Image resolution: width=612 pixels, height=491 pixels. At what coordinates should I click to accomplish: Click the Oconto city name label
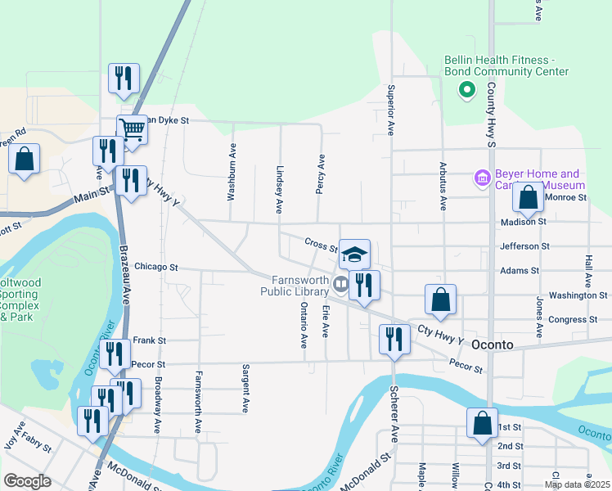pos(492,345)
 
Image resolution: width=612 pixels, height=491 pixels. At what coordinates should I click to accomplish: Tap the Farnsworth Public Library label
pos(294,285)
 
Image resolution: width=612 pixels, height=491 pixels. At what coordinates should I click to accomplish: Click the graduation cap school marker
pos(354,254)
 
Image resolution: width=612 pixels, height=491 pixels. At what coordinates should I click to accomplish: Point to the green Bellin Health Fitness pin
pos(466,90)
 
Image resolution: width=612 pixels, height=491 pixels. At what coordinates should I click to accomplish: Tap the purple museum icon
pos(482,178)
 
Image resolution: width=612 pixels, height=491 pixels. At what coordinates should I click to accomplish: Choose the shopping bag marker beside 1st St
pos(482,423)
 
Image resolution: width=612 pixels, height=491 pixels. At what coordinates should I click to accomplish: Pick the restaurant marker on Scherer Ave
pos(394,339)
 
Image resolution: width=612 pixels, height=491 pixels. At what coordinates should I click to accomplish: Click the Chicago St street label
pos(156,267)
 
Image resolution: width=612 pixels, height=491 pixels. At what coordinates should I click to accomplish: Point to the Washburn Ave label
pos(232,173)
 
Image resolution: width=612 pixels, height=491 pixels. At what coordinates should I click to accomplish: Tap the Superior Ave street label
pos(391,110)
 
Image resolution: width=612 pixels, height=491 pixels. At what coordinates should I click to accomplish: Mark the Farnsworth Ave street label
pos(198,402)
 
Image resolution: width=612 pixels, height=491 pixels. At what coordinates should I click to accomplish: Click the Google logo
pos(27,481)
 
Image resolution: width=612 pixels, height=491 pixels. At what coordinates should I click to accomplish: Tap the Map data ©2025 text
pos(577,485)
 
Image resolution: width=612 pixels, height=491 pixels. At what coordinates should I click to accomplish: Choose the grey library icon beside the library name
pos(340,285)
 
